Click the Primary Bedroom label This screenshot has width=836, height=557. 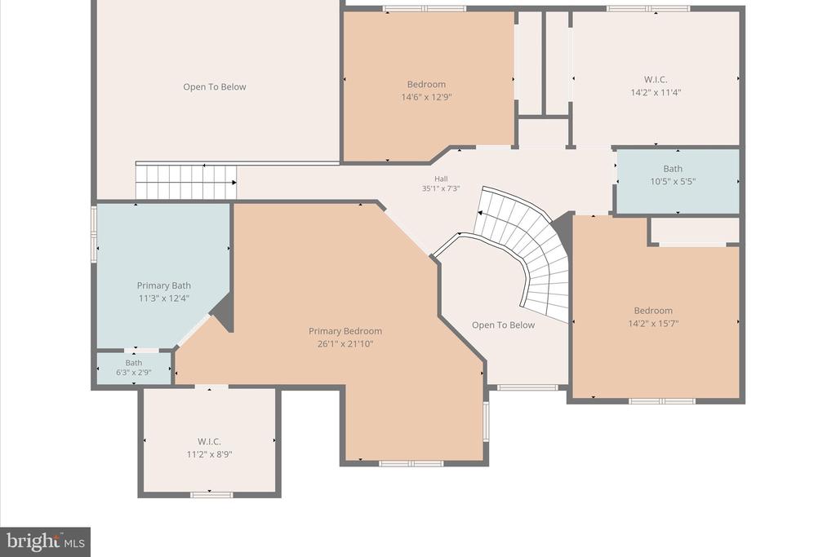(345, 331)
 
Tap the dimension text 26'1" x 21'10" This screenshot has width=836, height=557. (345, 344)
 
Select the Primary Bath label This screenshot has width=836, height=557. (163, 286)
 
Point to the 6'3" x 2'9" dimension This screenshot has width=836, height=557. (134, 373)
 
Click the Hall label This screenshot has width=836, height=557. (441, 179)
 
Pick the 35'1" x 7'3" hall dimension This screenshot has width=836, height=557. (441, 188)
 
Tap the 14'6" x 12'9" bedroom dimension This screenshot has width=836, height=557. (426, 97)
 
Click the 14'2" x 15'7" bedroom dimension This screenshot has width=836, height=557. (653, 323)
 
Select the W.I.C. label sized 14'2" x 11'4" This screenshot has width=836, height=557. (656, 80)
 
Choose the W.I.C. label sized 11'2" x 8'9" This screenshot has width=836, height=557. (209, 441)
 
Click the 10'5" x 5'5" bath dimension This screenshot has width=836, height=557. (673, 182)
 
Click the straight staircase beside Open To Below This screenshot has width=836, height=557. (186, 182)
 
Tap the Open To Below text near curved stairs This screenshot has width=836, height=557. (503, 325)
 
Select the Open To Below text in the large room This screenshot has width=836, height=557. (215, 86)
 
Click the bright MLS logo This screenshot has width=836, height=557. (46, 542)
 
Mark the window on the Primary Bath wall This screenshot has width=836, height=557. (94, 234)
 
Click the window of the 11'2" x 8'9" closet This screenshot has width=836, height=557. (211, 495)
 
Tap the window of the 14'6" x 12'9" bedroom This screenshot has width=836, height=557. (425, 8)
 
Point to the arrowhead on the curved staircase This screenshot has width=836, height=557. (479, 213)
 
